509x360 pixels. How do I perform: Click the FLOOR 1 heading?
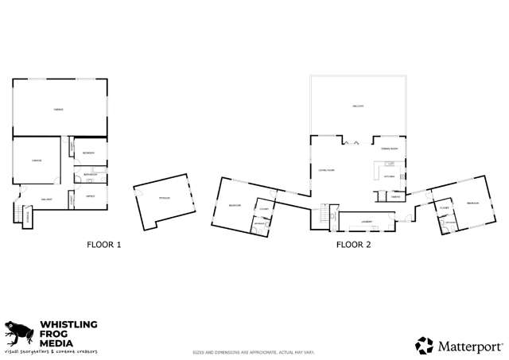(x=103, y=245)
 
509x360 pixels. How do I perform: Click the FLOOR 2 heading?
(x=353, y=245)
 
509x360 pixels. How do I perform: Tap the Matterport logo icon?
(x=425, y=345)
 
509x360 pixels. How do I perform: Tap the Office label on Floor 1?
(x=91, y=195)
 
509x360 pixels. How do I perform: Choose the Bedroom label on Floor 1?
(x=89, y=153)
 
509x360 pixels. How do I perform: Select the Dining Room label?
(x=389, y=149)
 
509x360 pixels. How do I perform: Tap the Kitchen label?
(x=390, y=176)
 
